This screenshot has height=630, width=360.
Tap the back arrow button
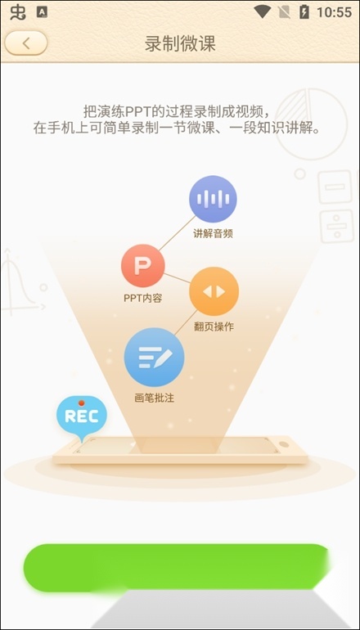point(26,43)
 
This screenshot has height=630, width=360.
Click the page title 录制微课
point(180,43)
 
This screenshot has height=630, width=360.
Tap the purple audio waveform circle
point(213,199)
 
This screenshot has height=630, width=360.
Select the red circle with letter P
point(142,266)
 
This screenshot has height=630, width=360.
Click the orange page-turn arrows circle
point(214,291)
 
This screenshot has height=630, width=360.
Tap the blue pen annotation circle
point(155,358)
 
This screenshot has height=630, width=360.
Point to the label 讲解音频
point(213,234)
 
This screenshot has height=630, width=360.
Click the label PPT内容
point(142,299)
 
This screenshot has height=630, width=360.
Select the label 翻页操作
point(214,326)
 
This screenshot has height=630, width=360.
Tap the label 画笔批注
point(155,398)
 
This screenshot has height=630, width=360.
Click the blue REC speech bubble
point(82,416)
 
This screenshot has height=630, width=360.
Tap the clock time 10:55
point(335,12)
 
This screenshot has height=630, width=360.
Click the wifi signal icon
point(263,12)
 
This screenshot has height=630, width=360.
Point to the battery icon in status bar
point(304,12)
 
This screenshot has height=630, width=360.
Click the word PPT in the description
point(127,110)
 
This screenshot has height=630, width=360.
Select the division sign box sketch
point(337,226)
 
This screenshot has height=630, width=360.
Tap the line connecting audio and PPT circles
point(178,233)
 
